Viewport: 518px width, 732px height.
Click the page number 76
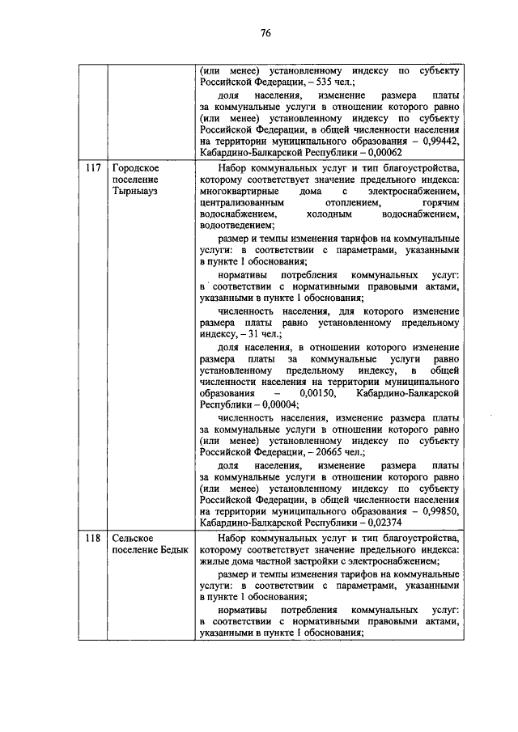[x=265, y=33]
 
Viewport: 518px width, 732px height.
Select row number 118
[x=92, y=537]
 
